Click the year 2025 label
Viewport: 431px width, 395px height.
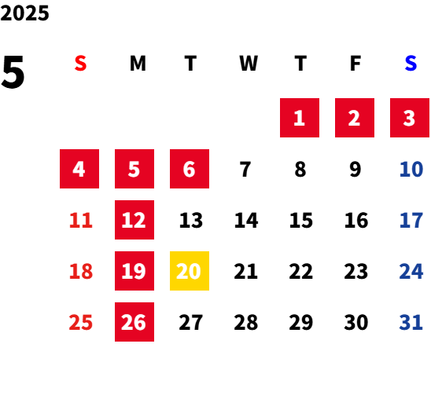(x=24, y=13)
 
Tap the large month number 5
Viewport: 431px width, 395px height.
(x=13, y=72)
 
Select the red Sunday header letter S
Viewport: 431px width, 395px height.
(x=80, y=64)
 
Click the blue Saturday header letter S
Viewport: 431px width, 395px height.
(x=411, y=64)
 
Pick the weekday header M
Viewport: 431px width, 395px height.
(x=138, y=64)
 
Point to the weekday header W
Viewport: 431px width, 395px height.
(x=249, y=64)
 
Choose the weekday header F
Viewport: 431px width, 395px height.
(x=355, y=64)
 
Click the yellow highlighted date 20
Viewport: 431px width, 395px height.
(x=190, y=271)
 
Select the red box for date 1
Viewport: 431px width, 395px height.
(x=300, y=118)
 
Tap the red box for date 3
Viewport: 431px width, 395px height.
(x=410, y=118)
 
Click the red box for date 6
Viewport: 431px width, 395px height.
(x=190, y=169)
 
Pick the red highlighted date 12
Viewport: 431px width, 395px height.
(x=134, y=220)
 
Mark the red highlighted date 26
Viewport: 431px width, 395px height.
(x=134, y=322)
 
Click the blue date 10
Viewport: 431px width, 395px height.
(x=411, y=169)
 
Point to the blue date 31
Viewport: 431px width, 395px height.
(x=411, y=322)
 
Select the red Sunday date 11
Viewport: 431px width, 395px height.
(x=81, y=220)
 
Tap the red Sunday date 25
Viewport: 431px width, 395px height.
(x=80, y=322)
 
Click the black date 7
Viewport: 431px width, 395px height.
(x=245, y=169)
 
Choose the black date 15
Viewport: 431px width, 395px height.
(x=301, y=220)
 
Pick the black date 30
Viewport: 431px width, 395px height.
(x=356, y=322)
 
